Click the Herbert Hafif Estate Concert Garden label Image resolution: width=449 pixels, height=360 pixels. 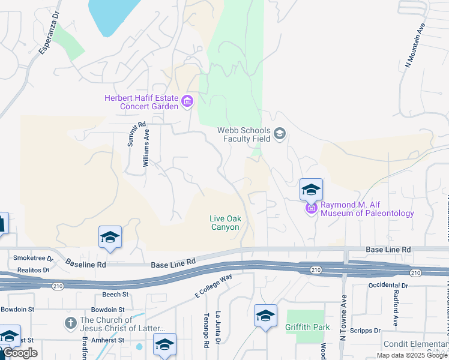point(141,102)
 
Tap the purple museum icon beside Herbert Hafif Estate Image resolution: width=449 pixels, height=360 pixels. point(187,101)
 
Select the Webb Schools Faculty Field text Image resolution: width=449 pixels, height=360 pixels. point(243,134)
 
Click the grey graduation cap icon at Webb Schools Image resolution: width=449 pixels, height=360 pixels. point(279,134)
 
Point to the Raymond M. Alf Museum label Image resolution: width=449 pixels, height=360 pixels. point(367,209)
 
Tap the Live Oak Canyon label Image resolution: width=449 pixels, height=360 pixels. point(225,223)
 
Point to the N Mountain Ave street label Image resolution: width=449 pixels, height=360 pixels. point(415,45)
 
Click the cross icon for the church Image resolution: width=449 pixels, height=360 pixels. point(71,322)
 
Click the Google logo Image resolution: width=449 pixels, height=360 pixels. point(20,353)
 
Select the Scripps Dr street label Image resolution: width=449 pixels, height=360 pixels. point(369,331)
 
